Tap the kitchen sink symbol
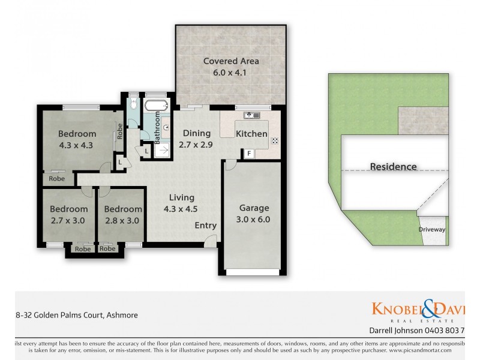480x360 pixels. pyautogui.click(x=251, y=115)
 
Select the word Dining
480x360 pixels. pyautogui.click(x=197, y=133)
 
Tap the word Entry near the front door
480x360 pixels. pyautogui.click(x=206, y=226)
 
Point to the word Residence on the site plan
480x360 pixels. pyautogui.click(x=393, y=167)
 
